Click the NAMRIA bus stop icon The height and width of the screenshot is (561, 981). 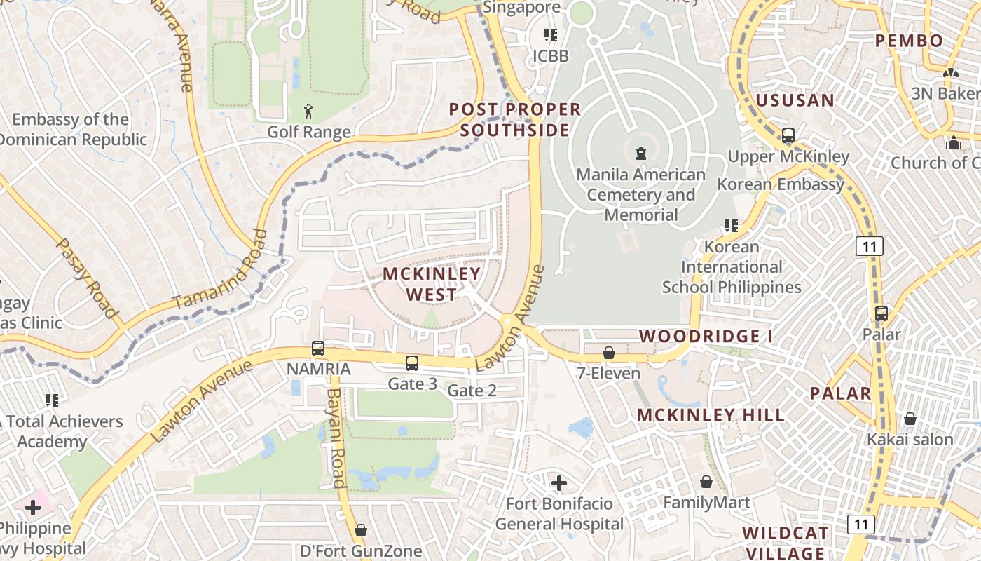point(317,348)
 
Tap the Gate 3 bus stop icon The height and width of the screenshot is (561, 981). point(412,363)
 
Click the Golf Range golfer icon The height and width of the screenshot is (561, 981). point(308,111)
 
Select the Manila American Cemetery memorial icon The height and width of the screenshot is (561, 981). point(640,153)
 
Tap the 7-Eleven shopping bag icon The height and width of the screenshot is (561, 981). point(609,353)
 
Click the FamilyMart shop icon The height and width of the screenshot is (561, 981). point(706,482)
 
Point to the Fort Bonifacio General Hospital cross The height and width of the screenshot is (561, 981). point(558,482)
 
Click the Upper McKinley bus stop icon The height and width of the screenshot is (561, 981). point(788,135)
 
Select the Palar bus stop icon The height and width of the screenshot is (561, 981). point(881,313)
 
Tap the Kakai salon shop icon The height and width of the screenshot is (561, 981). point(910,419)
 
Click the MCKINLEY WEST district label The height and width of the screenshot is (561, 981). point(432,284)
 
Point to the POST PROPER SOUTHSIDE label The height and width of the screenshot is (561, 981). point(515,120)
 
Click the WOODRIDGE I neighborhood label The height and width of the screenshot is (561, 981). point(706,337)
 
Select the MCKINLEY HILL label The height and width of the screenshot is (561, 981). point(711,415)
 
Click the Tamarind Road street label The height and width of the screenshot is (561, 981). point(221,270)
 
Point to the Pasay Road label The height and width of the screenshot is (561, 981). point(85,278)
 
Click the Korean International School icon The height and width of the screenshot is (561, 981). point(732,226)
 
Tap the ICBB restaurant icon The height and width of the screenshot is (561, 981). point(551,34)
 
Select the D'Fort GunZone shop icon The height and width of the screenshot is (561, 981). point(361,530)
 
